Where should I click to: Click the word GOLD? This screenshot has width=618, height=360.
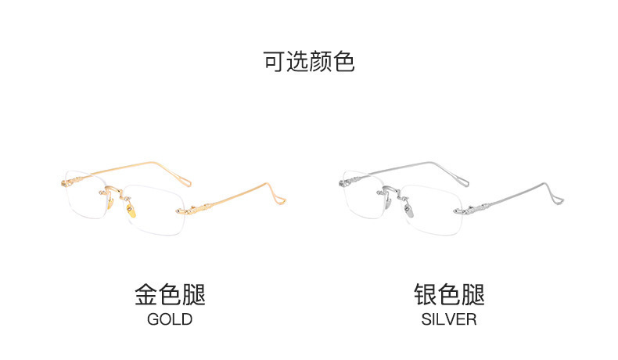tap(169, 319)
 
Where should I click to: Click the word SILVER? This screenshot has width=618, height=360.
tap(448, 319)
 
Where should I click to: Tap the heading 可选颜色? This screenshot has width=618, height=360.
tap(309, 62)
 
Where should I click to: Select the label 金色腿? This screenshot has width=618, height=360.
tap(170, 295)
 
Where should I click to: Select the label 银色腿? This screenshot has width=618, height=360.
tap(449, 295)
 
